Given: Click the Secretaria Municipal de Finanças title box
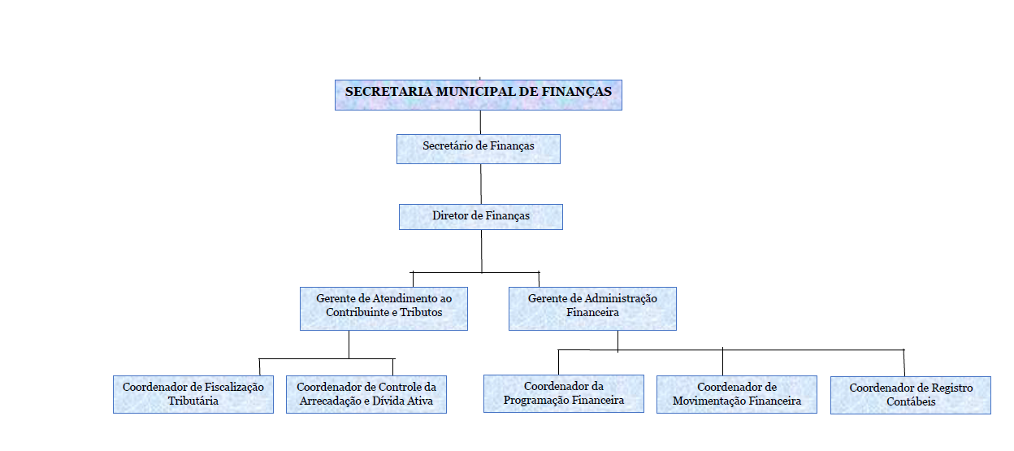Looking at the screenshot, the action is (x=479, y=95).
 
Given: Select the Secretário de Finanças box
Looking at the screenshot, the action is (x=479, y=149).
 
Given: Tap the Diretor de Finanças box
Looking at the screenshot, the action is (x=481, y=217).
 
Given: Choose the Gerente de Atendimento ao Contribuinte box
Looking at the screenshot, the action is (x=383, y=309).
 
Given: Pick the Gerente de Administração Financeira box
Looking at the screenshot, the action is (x=592, y=309).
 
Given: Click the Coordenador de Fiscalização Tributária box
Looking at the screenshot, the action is (x=193, y=394).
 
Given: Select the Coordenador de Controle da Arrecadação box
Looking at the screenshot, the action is (x=366, y=394).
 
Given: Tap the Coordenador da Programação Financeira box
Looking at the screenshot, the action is (x=564, y=393).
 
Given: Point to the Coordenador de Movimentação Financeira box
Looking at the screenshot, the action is (x=737, y=394).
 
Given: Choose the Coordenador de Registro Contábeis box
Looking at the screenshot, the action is (x=911, y=395).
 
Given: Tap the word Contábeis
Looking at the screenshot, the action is (x=911, y=401).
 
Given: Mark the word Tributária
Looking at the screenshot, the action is (x=193, y=401).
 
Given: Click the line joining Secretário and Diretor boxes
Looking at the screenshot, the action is (x=481, y=184).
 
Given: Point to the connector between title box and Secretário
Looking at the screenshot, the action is (x=480, y=122).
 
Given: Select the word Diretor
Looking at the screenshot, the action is (x=450, y=215).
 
